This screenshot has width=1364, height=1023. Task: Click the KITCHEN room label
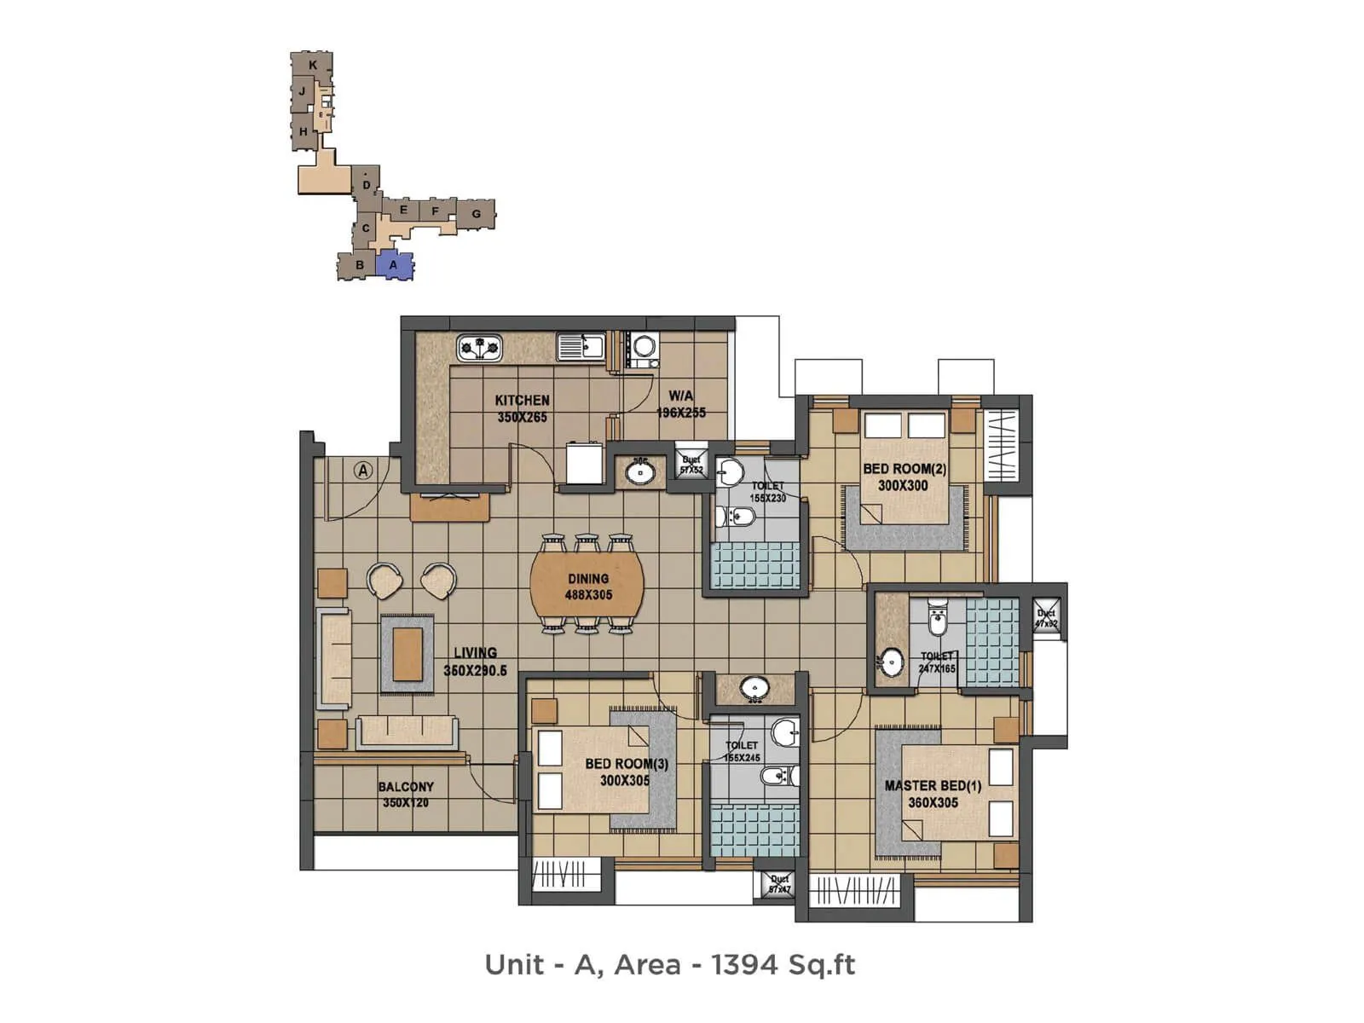[x=522, y=408]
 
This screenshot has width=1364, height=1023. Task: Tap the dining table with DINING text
[x=587, y=587]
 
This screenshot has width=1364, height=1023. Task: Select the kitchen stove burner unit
[x=479, y=348]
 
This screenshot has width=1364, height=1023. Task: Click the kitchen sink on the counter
[x=581, y=347]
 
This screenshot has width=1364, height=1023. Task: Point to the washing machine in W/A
[x=644, y=346]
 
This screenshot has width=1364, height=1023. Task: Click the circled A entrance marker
[x=364, y=470]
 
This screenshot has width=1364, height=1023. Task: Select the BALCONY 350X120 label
[x=406, y=795]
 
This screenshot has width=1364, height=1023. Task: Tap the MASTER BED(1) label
[x=933, y=794]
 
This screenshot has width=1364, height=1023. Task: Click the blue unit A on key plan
[x=394, y=265]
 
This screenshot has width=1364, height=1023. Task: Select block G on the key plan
[x=477, y=214]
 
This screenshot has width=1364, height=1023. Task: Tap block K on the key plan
[x=313, y=65]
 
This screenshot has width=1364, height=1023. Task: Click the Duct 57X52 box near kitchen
[x=691, y=465]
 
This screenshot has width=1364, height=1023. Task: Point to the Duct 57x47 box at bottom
[x=779, y=884]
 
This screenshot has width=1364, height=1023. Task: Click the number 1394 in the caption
[x=746, y=964]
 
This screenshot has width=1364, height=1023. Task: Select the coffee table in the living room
[x=407, y=653]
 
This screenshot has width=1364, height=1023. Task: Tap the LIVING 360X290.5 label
[x=475, y=662]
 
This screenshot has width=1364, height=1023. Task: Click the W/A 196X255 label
[x=680, y=404]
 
